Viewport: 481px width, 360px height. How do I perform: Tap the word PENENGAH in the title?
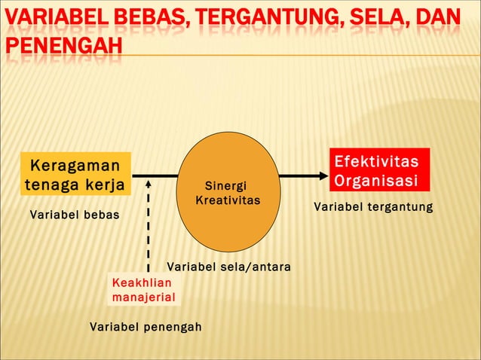click(63, 44)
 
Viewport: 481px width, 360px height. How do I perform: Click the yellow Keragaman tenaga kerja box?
click(75, 175)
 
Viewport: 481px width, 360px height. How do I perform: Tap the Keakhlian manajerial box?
click(143, 290)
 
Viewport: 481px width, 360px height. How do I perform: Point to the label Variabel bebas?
click(74, 216)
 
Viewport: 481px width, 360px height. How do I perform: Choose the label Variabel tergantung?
click(373, 206)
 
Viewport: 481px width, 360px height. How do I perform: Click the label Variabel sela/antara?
click(228, 267)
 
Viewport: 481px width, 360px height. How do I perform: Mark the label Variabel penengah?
click(146, 327)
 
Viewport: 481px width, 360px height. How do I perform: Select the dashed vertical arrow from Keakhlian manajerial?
click(149, 226)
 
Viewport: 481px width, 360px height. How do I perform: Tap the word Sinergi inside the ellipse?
click(225, 186)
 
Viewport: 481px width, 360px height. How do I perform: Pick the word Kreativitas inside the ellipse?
click(227, 201)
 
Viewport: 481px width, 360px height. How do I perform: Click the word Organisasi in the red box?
click(376, 181)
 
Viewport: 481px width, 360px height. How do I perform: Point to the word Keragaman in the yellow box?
click(75, 165)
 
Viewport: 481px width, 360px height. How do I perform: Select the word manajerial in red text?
click(143, 297)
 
